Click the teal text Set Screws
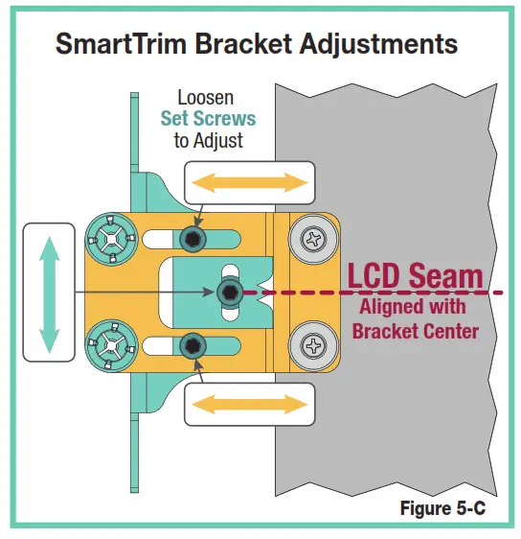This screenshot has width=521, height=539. [208, 120]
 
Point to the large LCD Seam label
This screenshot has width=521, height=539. [415, 277]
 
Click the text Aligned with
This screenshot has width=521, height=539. [412, 308]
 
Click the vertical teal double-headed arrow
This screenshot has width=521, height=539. [49, 292]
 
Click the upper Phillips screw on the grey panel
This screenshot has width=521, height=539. [313, 239]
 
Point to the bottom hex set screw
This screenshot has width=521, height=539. [194, 342]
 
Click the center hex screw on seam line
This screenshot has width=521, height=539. [229, 291]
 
